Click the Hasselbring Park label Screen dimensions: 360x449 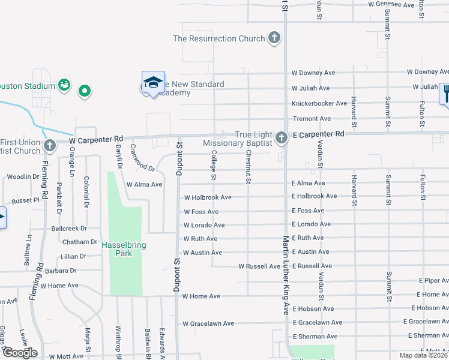(x=124, y=249)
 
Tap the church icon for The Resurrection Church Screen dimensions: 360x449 (x=274, y=38)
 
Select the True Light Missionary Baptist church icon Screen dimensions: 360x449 (x=281, y=139)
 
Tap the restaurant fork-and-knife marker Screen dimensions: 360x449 (x=445, y=93)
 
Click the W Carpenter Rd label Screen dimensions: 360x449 (x=95, y=139)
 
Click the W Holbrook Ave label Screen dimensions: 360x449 (x=207, y=197)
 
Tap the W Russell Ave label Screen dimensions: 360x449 (x=259, y=266)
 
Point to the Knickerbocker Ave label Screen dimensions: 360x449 (x=319, y=104)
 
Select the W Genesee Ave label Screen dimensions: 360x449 (x=391, y=5)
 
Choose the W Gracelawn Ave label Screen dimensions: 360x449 (x=208, y=323)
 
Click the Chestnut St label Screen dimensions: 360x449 (x=247, y=167)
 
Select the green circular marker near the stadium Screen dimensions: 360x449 (x=85, y=91)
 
